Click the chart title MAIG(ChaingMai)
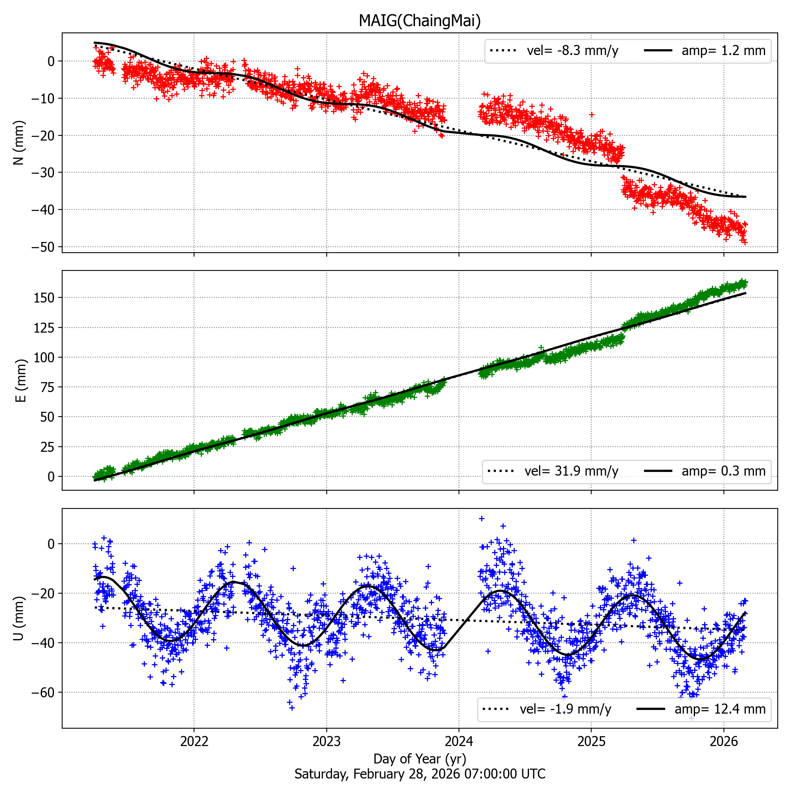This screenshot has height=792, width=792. [419, 21]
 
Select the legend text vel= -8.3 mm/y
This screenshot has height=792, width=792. [572, 51]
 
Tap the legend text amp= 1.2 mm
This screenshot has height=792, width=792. [723, 51]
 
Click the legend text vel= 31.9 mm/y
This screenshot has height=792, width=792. [571, 471]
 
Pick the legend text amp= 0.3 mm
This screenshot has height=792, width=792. [723, 471]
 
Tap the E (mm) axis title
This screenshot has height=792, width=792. [21, 381]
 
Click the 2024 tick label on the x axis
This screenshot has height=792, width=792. [459, 741]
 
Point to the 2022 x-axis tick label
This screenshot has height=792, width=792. [194, 741]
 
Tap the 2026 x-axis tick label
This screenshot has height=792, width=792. [723, 741]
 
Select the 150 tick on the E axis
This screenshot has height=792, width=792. [44, 298]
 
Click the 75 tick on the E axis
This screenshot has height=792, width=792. [48, 387]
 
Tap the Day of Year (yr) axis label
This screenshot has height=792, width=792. [419, 759]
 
